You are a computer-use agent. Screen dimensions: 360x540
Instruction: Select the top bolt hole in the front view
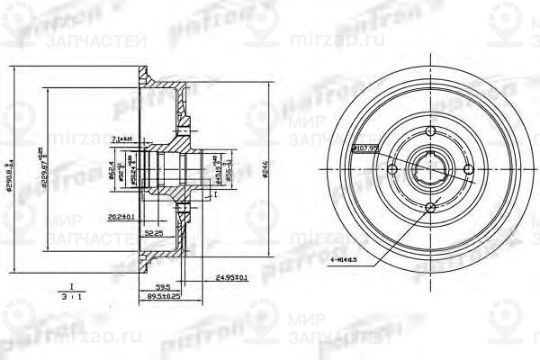coord(430,132)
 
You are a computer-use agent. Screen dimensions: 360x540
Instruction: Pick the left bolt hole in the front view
coord(392,170)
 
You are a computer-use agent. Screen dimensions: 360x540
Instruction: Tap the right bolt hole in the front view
coord(468,170)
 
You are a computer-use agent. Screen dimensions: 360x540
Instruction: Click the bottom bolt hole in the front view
coord(430,208)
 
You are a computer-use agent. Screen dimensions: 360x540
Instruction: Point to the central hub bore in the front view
coord(430,170)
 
